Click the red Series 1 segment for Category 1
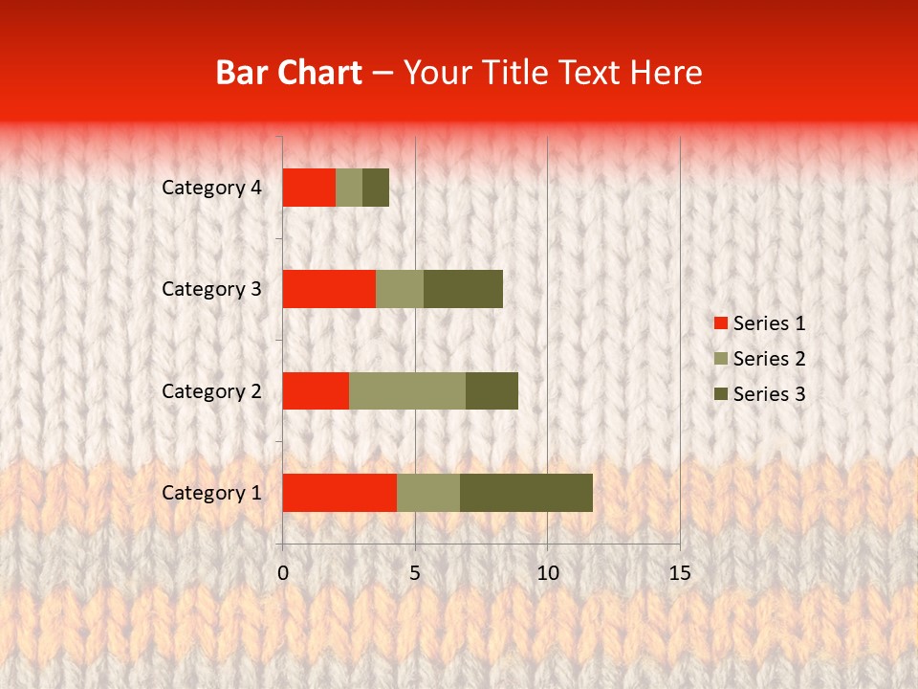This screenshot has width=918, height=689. click(x=339, y=493)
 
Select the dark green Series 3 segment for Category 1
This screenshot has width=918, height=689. click(x=526, y=493)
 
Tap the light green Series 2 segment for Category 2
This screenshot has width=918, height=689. click(x=407, y=390)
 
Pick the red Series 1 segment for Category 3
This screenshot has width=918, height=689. click(x=329, y=289)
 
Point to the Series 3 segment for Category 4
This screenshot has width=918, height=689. click(x=376, y=188)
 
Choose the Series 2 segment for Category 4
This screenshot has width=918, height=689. click(x=349, y=188)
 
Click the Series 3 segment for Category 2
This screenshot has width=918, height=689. click(x=492, y=390)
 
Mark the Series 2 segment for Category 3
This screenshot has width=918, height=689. click(x=400, y=289)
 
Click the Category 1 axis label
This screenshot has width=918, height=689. click(x=211, y=493)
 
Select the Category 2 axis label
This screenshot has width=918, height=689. click(x=211, y=390)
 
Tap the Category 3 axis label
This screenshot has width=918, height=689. click(x=211, y=289)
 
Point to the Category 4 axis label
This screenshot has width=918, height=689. click(x=211, y=188)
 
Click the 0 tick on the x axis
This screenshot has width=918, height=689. click(x=283, y=573)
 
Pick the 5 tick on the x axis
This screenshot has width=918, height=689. click(x=415, y=573)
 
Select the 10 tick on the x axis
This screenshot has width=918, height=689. click(x=547, y=573)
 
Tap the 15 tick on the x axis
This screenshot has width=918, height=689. click(x=679, y=573)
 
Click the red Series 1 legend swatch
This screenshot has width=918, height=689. click(x=720, y=323)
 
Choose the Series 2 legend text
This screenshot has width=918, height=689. click(x=769, y=359)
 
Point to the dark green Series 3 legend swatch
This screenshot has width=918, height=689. click(x=720, y=394)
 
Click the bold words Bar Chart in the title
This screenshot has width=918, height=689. click(x=289, y=73)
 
